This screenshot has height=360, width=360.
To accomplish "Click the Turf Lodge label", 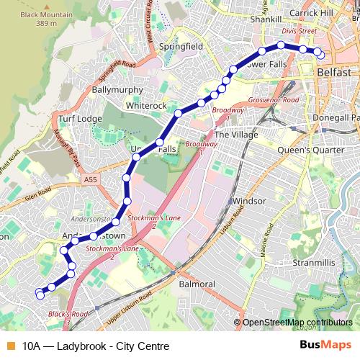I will [77, 118].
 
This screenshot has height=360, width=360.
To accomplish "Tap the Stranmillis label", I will [315, 264].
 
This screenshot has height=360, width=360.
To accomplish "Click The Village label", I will [231, 134].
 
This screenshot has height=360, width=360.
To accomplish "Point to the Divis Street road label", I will [299, 32].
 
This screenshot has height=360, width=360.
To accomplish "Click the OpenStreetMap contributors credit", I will [296, 323].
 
